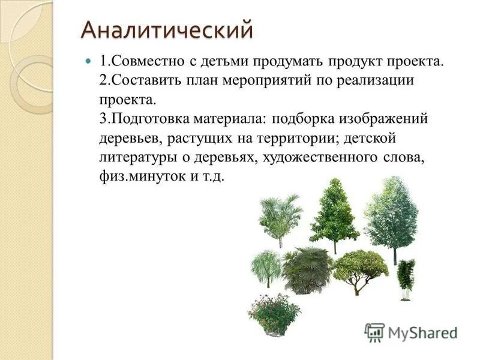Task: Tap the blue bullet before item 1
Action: [x=88, y=62]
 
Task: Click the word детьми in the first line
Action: [x=224, y=62]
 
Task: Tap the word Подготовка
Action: [x=151, y=118]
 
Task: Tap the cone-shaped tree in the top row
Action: [x=334, y=213]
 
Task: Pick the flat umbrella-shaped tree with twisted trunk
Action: [x=359, y=270]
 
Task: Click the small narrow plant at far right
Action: [x=406, y=277]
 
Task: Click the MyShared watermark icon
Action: [x=374, y=332]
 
